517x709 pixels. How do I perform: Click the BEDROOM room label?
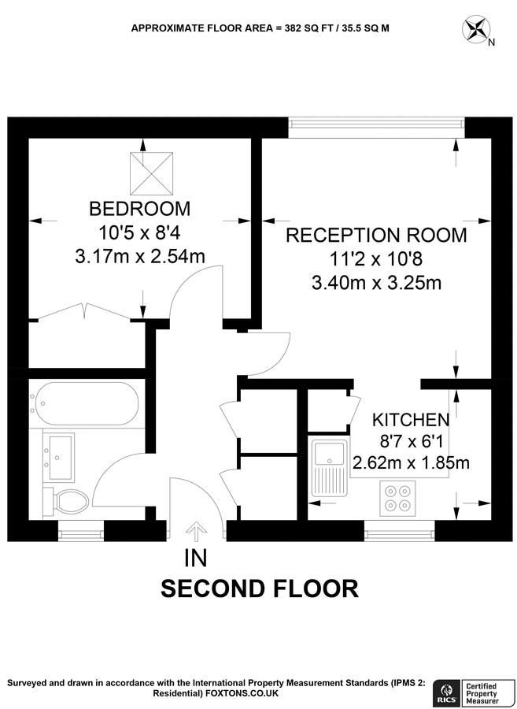[x=139, y=209]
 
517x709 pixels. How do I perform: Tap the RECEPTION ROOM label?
[x=375, y=235]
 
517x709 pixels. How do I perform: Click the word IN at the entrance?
[x=195, y=559]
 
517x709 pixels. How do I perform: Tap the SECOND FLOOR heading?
[x=260, y=588]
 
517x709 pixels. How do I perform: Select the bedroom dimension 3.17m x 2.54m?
[x=139, y=256]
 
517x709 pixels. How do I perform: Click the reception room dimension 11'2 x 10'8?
[x=375, y=258]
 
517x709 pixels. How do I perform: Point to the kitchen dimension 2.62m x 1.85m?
[x=411, y=462]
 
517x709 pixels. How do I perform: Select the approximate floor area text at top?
[x=260, y=28]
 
